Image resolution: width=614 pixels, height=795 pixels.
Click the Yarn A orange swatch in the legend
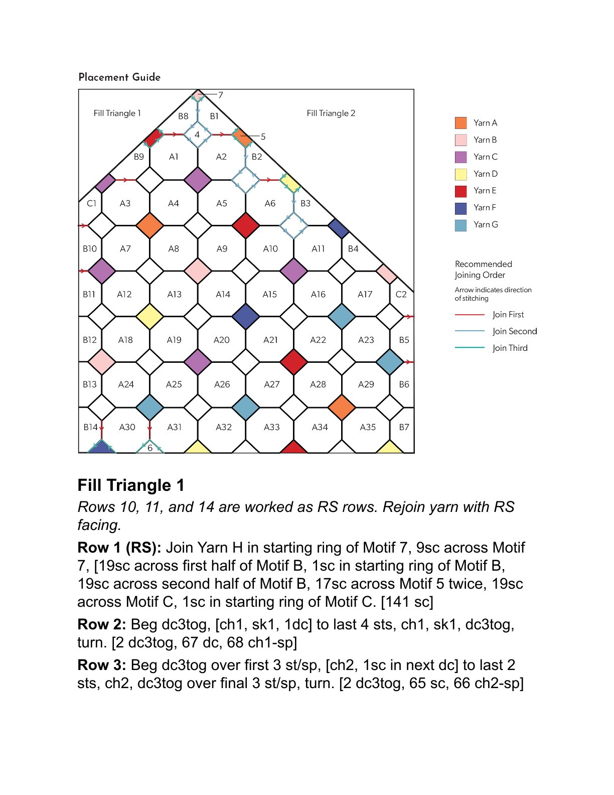(460, 123)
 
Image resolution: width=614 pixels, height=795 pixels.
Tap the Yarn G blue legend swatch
(460, 225)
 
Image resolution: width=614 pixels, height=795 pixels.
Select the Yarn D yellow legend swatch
(460, 174)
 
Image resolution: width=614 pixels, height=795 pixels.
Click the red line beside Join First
(470, 315)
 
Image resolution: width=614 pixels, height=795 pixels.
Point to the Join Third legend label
(510, 348)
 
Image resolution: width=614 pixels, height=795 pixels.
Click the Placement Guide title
(119, 77)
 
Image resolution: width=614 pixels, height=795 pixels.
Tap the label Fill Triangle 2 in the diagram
(331, 113)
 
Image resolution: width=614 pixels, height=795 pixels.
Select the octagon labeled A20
(222, 340)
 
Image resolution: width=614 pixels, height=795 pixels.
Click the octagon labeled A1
(174, 157)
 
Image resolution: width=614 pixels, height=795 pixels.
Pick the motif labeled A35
(368, 427)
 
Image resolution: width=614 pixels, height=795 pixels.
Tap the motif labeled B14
(90, 427)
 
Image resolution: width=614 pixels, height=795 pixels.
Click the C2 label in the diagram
(401, 294)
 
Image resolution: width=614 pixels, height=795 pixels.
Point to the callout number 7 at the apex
(221, 95)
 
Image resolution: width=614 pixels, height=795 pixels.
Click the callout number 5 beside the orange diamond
(263, 137)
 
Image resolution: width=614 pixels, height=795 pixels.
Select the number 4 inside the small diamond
(197, 135)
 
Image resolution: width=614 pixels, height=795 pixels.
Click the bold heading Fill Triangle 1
(131, 485)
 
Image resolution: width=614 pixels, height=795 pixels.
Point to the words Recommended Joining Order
(483, 270)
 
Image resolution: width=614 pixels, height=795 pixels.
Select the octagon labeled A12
(124, 294)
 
